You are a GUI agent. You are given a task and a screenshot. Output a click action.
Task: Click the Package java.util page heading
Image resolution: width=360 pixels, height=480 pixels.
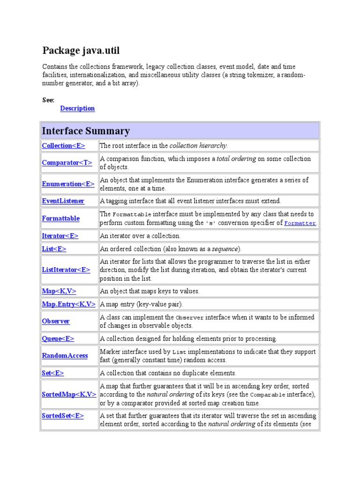[x=84, y=50]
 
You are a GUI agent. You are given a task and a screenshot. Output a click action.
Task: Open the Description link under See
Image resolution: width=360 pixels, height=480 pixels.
[x=77, y=108]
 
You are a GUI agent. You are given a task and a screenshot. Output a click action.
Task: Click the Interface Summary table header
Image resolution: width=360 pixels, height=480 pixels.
[x=86, y=131]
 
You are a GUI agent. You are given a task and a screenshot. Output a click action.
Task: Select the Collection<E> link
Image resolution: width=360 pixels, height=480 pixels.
[x=64, y=146]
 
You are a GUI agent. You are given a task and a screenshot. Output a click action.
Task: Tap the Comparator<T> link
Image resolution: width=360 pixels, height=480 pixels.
[x=67, y=163]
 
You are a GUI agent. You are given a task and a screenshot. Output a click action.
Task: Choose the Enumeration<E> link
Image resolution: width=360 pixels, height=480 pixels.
[x=68, y=184]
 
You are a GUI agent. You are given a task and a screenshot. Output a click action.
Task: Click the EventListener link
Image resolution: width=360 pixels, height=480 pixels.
[x=63, y=201]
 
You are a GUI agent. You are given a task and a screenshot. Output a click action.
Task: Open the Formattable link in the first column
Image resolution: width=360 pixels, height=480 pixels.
[x=61, y=218]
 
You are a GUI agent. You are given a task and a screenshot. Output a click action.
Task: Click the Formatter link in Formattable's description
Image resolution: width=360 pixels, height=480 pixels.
[x=300, y=223]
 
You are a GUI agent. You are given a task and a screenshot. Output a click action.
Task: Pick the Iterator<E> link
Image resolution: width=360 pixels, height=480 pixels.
[x=60, y=236]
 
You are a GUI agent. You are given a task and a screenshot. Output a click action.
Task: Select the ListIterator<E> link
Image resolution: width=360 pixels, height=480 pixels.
[x=66, y=270]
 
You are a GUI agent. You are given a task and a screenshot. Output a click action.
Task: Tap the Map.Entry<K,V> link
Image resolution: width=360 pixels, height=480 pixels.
[x=69, y=304]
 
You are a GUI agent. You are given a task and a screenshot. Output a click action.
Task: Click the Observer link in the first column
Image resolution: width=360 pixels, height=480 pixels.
[x=56, y=322]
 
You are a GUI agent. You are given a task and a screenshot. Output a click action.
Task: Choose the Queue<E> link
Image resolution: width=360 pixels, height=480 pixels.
[x=58, y=338]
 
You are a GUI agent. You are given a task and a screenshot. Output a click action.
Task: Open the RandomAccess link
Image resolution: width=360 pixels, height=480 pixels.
[x=65, y=356]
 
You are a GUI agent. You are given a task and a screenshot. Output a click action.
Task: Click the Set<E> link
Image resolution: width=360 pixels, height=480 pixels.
[x=53, y=373]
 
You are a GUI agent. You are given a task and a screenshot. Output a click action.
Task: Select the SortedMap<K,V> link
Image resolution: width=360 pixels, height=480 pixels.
[x=69, y=395]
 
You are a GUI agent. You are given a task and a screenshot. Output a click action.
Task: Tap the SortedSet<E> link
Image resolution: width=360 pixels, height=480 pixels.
[x=63, y=416]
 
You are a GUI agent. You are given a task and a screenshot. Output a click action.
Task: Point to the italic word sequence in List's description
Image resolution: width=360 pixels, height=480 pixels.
[x=225, y=248]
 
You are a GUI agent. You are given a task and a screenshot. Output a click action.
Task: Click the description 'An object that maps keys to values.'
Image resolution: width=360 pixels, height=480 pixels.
[x=150, y=291]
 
